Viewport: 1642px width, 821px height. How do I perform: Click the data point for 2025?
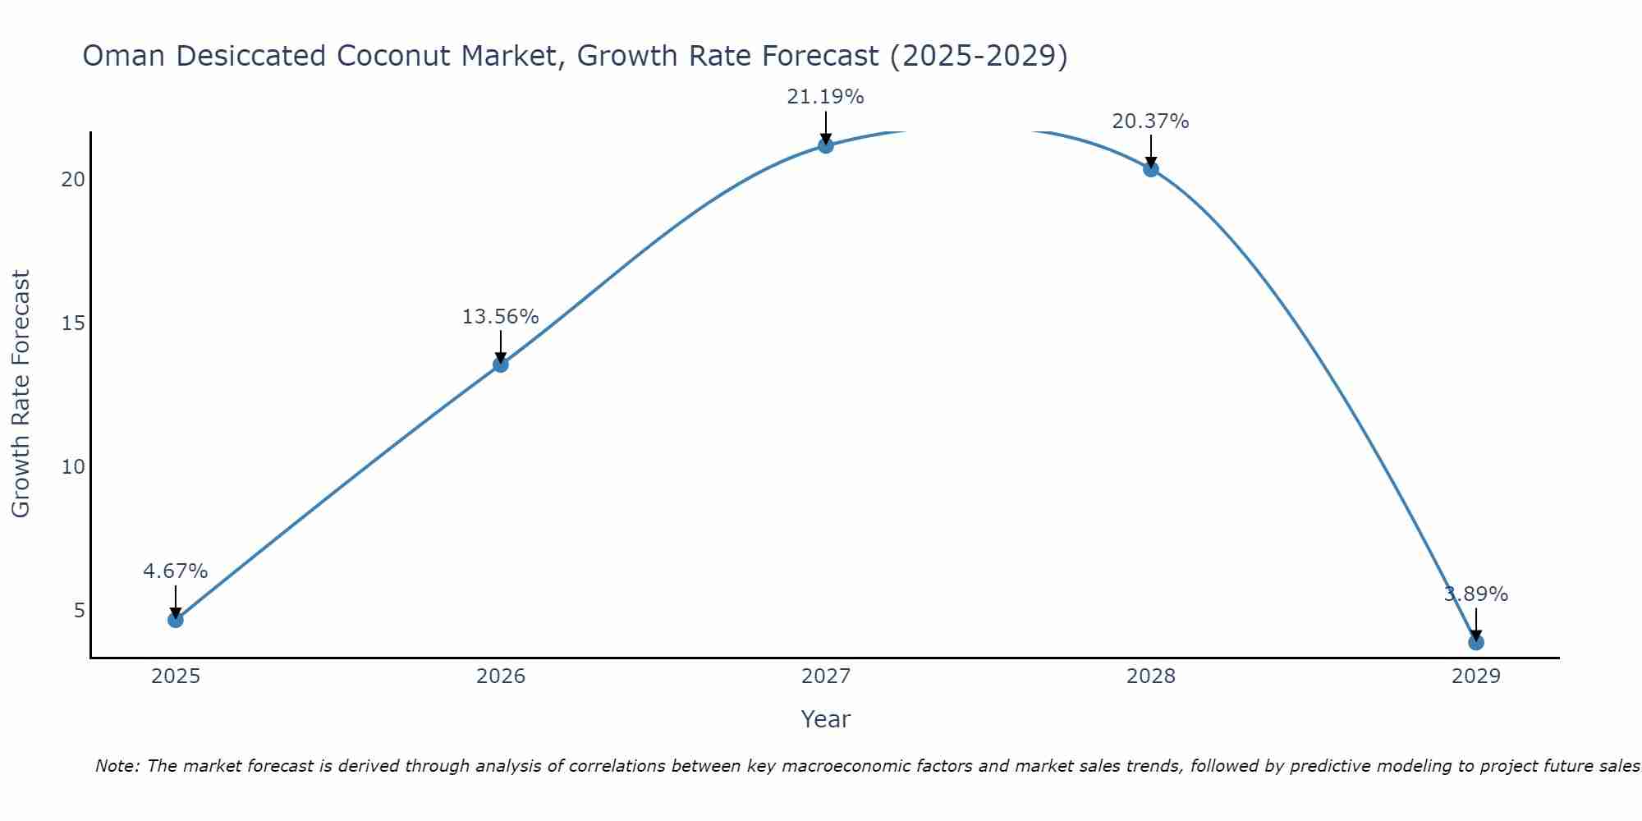click(x=176, y=619)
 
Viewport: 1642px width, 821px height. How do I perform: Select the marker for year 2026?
click(x=501, y=364)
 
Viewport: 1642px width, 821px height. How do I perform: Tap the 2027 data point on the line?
click(x=826, y=145)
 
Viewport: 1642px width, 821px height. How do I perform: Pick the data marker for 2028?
click(x=1151, y=169)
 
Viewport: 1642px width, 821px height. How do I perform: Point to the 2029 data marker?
click(x=1476, y=642)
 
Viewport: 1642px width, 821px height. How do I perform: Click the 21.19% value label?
click(x=825, y=97)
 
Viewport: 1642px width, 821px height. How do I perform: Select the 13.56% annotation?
click(x=500, y=317)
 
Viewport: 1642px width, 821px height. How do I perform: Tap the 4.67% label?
click(x=175, y=571)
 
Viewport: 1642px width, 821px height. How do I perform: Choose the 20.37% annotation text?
click(x=1150, y=122)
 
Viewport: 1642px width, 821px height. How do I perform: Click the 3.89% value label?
click(x=1476, y=594)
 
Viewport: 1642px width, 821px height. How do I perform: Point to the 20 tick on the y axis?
click(x=73, y=179)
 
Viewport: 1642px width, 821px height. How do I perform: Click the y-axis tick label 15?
click(x=73, y=323)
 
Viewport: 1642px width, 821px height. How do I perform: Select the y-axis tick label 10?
click(x=73, y=466)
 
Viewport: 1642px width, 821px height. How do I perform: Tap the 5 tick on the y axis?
click(x=80, y=610)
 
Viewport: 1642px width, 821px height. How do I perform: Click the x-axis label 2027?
click(x=826, y=677)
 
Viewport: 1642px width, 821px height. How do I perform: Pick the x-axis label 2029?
click(x=1476, y=677)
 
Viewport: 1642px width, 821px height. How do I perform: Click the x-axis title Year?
click(x=825, y=719)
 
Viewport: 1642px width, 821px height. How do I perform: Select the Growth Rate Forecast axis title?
click(x=21, y=394)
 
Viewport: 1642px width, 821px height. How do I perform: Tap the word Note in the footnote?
click(x=118, y=766)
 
